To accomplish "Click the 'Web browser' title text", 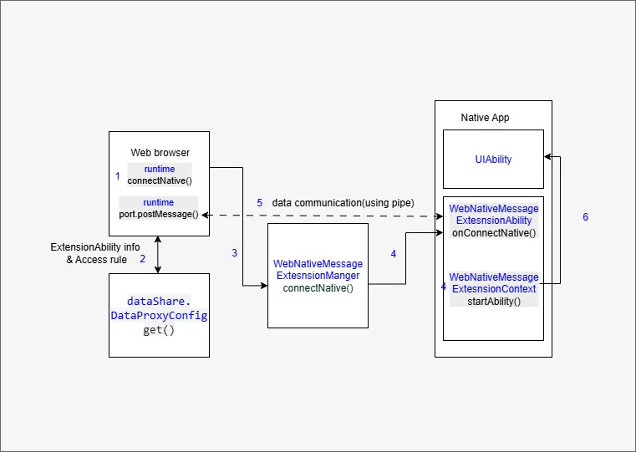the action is (160, 153).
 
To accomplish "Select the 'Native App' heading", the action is (485, 118).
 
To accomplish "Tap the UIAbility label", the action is (493, 160).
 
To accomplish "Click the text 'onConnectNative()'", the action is (494, 233).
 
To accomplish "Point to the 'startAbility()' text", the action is (494, 302).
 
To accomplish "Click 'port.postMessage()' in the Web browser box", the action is (159, 214).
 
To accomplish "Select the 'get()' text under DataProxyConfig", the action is (159, 330).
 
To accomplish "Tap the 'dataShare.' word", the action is (159, 302).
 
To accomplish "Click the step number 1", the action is (118, 176).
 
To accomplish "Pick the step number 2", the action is (142, 259).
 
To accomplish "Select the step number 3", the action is (235, 253).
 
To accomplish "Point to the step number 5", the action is (260, 203).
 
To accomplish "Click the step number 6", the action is (585, 217).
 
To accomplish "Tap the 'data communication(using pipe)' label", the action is (343, 203).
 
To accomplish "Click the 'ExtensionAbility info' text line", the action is (95, 246).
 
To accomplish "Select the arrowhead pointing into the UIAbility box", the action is (547, 156).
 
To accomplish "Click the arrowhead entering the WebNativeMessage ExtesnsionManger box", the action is (264, 286).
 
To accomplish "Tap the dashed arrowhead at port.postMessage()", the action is (206, 216).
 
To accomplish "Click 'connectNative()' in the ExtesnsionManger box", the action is (318, 287).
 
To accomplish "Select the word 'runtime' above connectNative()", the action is (160, 169).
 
